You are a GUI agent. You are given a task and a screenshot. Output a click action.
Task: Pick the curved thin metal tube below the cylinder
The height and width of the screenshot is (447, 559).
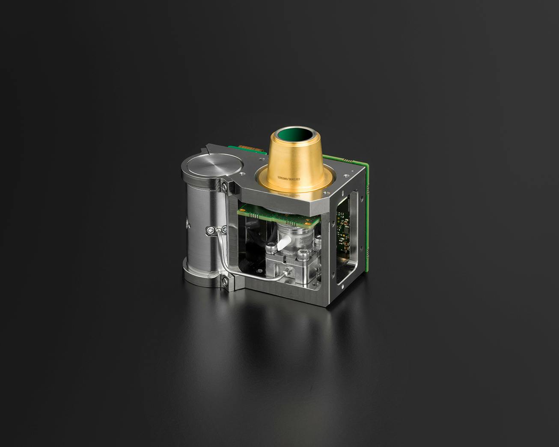[x=240, y=274]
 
